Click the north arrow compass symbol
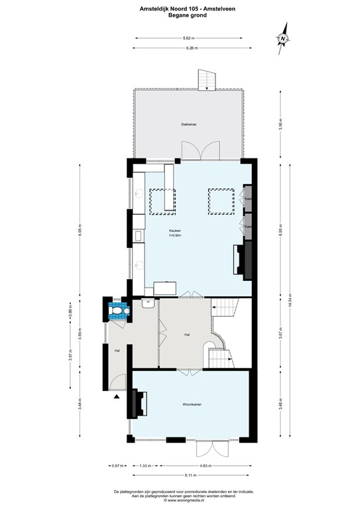point(283,38)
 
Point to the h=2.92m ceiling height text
point(175,235)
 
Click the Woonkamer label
point(192,404)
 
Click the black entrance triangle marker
point(117,396)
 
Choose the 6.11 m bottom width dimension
point(192,475)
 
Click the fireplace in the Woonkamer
point(140,404)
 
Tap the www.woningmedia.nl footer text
point(180,501)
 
